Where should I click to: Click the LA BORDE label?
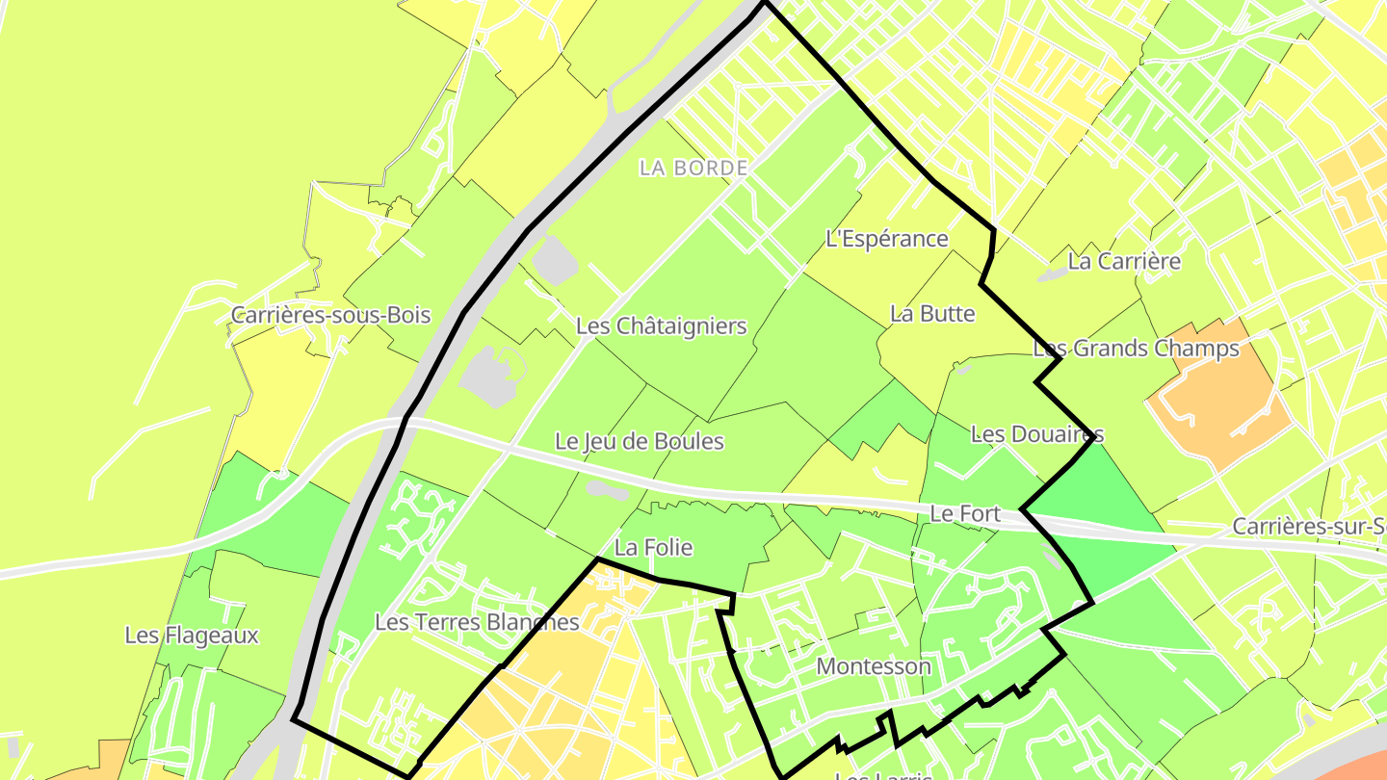click(693, 168)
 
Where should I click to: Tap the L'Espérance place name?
click(887, 239)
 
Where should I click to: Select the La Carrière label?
click(1124, 261)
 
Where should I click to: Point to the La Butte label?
click(932, 314)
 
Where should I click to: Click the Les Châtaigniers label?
click(661, 326)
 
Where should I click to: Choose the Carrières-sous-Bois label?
click(330, 316)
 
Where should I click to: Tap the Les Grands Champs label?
click(1136, 349)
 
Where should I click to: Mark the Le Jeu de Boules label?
click(640, 442)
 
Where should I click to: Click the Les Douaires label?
click(1036, 434)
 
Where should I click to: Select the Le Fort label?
click(965, 515)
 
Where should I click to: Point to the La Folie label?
click(653, 548)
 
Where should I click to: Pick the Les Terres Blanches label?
click(477, 622)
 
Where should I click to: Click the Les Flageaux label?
click(192, 636)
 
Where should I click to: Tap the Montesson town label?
click(874, 666)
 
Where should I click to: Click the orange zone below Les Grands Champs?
click(1219, 404)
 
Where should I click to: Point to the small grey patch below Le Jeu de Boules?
click(606, 490)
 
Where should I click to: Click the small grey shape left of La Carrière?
click(1051, 274)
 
